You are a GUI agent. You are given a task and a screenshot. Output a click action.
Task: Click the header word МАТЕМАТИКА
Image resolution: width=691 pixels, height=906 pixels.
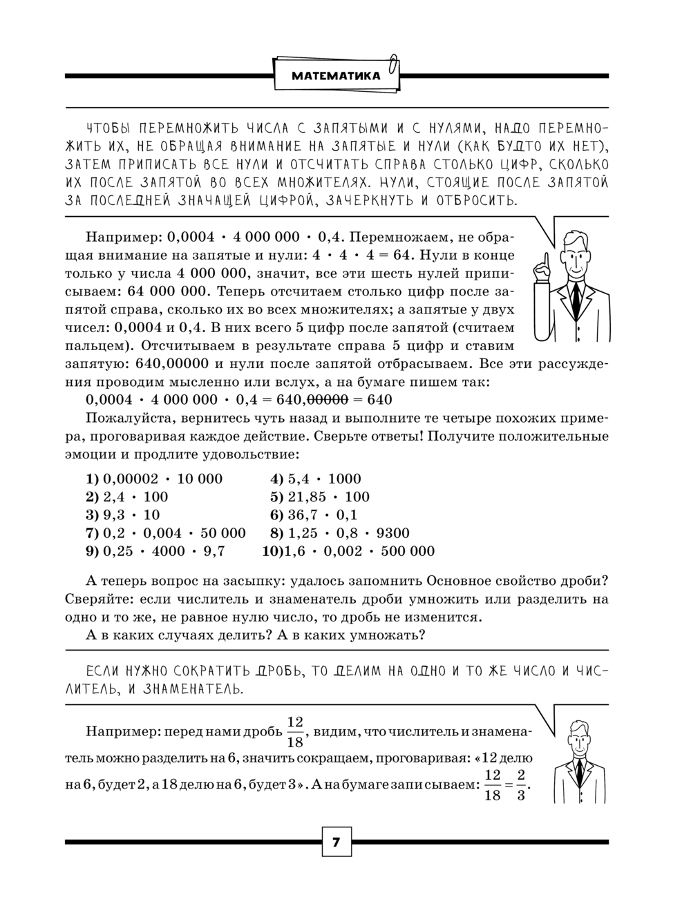pyautogui.click(x=336, y=76)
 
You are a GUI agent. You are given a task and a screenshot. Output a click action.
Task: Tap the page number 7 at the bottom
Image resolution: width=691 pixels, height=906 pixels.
pyautogui.click(x=337, y=842)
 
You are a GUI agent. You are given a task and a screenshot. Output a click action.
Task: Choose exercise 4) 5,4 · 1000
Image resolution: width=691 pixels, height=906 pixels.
pyautogui.click(x=316, y=479)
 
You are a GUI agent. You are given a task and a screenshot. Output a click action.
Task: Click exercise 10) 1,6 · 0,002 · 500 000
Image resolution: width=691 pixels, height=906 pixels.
pyautogui.click(x=349, y=550)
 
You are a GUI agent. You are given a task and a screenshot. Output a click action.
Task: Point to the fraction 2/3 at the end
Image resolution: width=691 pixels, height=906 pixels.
pyautogui.click(x=521, y=784)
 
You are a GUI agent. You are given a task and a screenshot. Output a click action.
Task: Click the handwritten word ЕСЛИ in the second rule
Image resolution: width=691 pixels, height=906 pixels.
pyautogui.click(x=100, y=671)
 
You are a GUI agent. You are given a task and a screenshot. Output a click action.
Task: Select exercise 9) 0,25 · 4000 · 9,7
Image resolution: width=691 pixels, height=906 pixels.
pyautogui.click(x=155, y=550)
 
